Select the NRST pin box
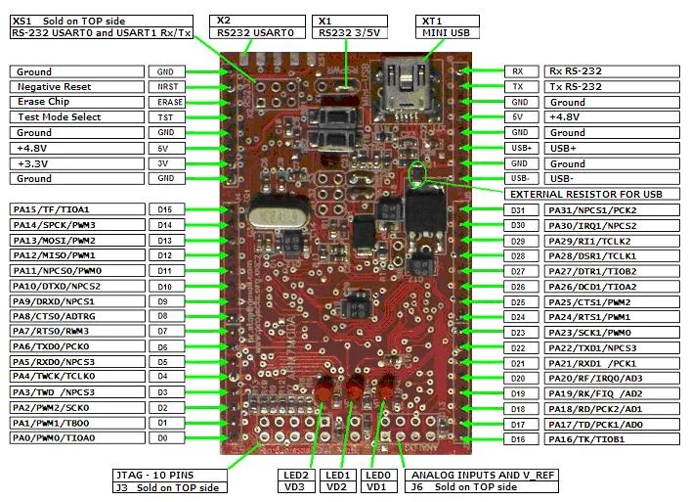[165, 87]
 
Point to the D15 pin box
[165, 209]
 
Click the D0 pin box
[165, 438]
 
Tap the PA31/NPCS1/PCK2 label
[612, 210]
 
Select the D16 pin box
[518, 439]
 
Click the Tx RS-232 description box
[612, 87]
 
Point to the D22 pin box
[518, 347]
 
